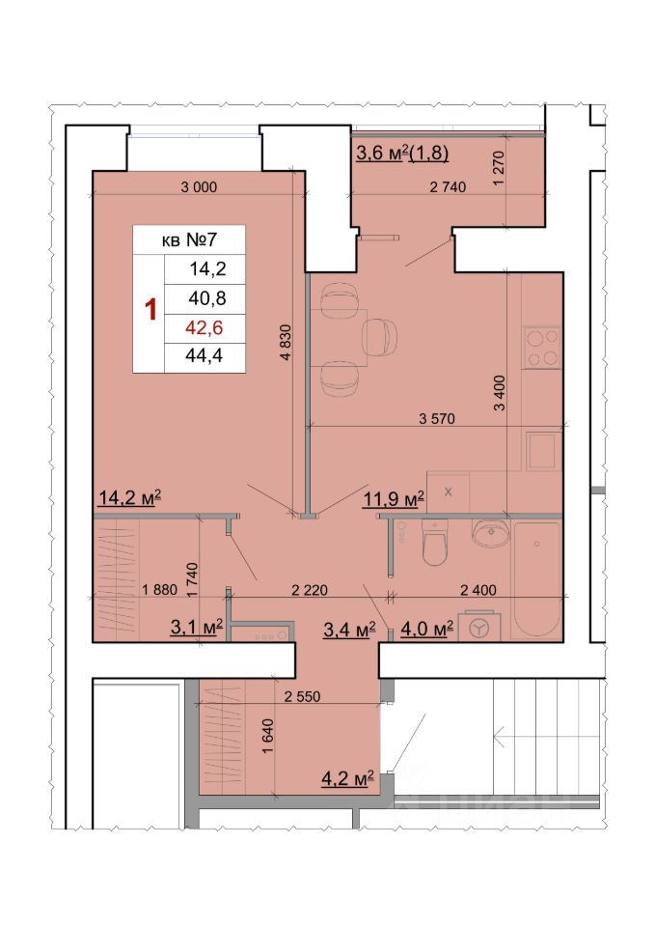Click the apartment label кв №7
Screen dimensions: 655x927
(189, 240)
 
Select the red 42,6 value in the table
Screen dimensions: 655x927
(205, 327)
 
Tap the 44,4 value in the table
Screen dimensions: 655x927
(205, 355)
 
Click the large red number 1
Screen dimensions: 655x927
(151, 310)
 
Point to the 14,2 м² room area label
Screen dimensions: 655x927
(129, 498)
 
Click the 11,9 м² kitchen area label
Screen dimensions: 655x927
(394, 499)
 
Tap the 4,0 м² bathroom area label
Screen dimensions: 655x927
(427, 629)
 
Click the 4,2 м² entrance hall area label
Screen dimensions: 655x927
(348, 778)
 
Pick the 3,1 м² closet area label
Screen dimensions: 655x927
(197, 627)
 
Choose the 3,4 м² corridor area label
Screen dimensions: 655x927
(349, 630)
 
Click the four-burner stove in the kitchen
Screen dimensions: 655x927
(542, 348)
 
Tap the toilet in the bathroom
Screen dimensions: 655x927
(436, 542)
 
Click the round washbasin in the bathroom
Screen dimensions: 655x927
(491, 533)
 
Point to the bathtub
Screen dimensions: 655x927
(537, 579)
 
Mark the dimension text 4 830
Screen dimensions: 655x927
(286, 343)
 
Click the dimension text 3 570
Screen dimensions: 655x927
(437, 418)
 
